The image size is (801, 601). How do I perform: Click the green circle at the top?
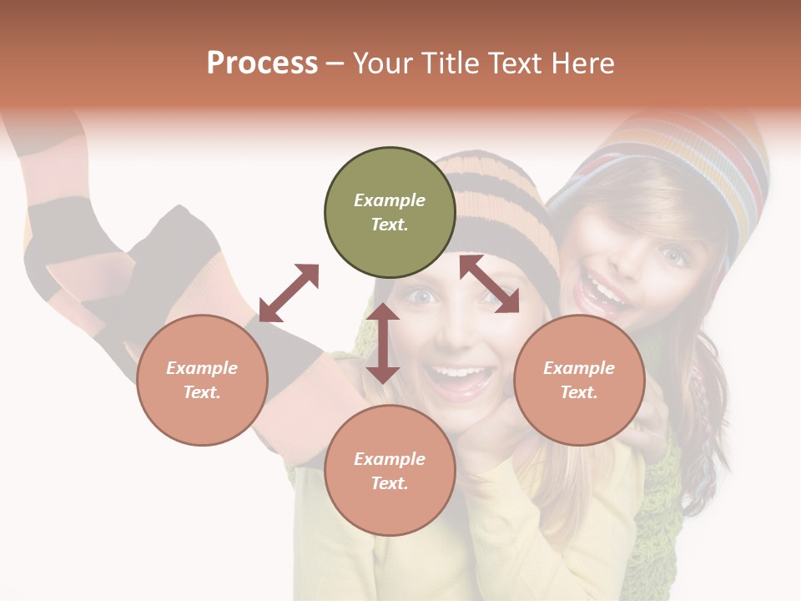[x=390, y=213]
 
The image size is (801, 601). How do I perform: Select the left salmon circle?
[x=202, y=380]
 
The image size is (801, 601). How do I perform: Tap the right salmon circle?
[x=579, y=380]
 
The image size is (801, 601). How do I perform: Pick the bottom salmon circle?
[x=390, y=471]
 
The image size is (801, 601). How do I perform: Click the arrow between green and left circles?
[x=289, y=293]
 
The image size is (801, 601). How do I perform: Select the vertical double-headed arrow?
[x=383, y=343]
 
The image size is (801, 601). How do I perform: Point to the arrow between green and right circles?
[x=489, y=284]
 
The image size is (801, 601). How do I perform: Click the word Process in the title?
[x=262, y=63]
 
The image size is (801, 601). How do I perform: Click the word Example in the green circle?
[x=390, y=200]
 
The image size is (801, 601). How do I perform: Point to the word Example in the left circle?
[x=202, y=368]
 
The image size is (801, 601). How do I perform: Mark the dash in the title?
[x=335, y=63]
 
